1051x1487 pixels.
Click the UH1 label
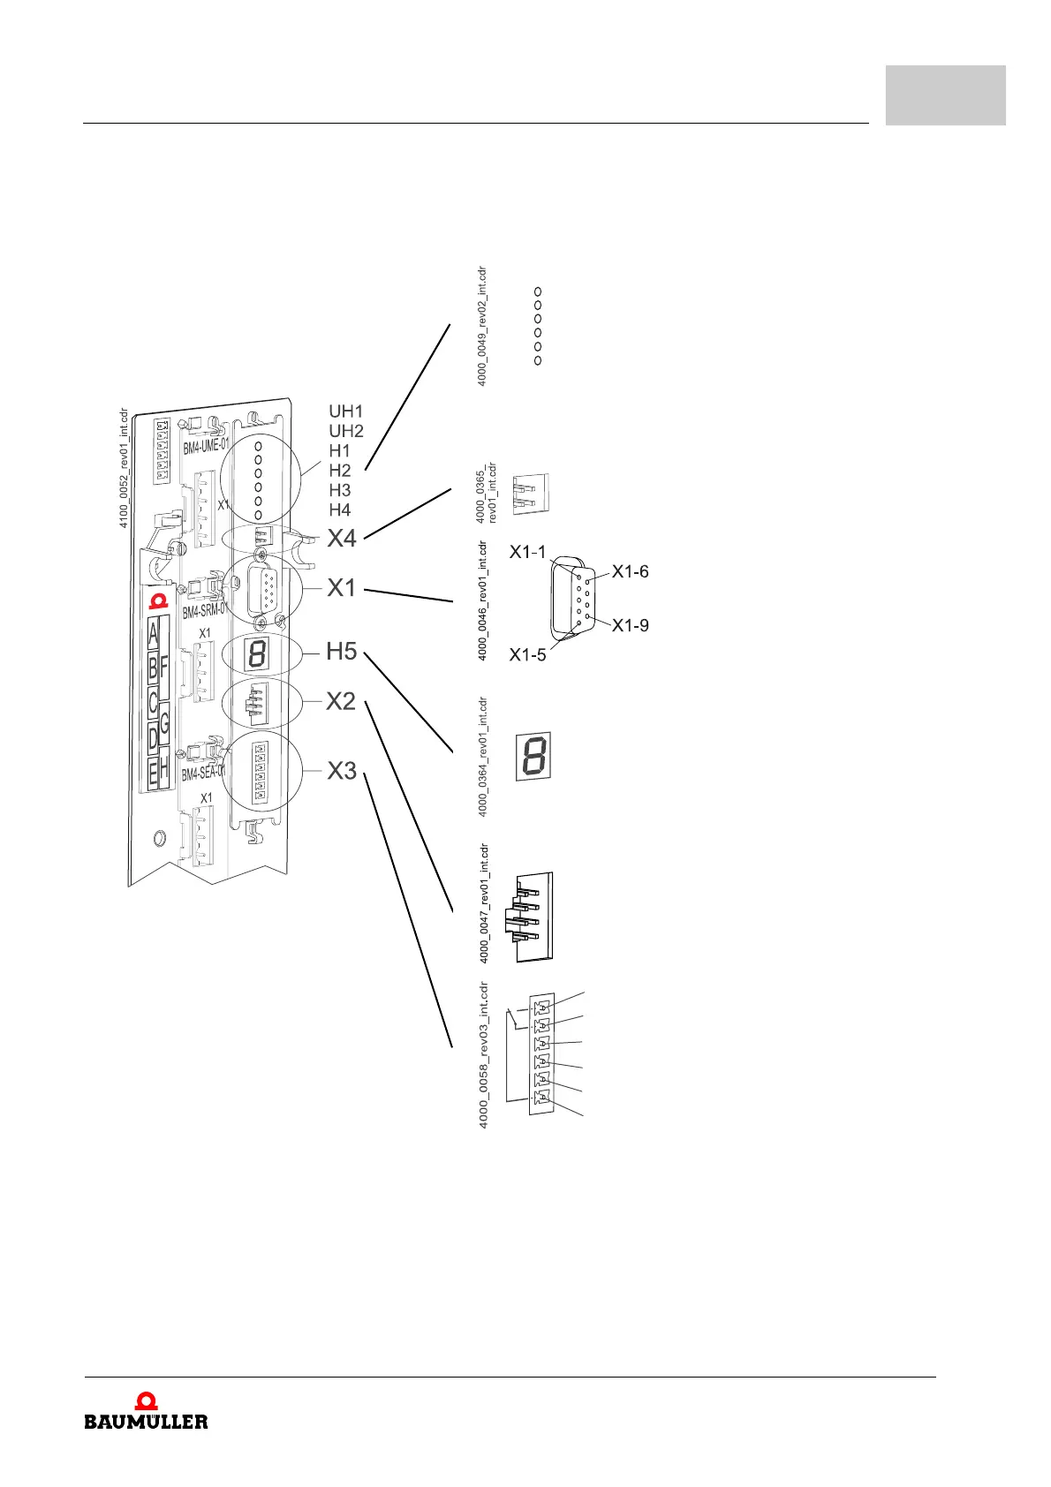345,411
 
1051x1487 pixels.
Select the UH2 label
346,431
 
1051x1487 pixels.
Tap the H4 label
339,510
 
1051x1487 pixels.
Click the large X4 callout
342,539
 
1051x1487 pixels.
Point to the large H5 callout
341,652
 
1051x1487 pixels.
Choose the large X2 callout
341,702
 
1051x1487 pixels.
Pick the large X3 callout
342,771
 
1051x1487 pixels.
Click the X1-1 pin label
527,552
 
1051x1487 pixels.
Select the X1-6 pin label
630,572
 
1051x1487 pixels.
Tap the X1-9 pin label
630,625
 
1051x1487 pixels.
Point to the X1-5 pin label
527,655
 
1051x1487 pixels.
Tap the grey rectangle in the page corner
945,94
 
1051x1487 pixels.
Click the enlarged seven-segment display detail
533,756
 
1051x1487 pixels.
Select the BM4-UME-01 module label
206,447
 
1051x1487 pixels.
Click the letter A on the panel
154,634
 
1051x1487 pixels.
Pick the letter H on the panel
164,771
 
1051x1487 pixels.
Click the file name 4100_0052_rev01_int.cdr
124,468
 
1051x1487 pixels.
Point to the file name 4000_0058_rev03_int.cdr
483,1055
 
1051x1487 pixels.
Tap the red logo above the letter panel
158,601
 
